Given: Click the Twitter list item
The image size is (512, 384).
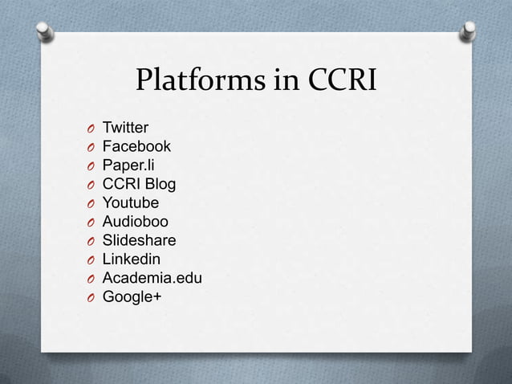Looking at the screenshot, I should pos(124,129).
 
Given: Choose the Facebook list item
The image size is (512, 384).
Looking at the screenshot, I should pos(136,147).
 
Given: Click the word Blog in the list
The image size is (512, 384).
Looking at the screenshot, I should pos(161,185).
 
